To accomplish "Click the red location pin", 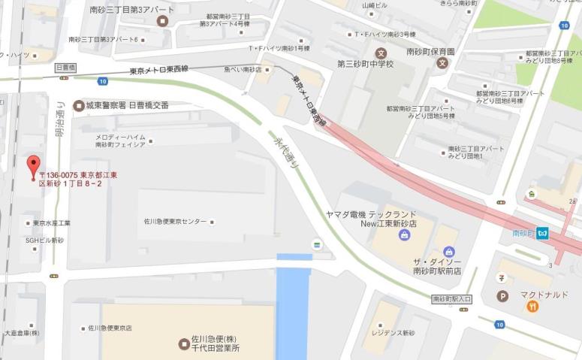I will coord(33,165).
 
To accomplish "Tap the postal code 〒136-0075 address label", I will coord(77,178).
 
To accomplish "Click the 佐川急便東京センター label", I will coord(175,222).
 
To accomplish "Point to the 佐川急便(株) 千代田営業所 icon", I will coord(184,344).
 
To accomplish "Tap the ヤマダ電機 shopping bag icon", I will coord(405,235).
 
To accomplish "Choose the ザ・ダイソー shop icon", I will coord(448,251).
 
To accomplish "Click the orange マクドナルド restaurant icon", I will coord(532,306).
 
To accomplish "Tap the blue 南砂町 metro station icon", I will coord(542,233).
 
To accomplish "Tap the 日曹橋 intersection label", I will coord(66,68).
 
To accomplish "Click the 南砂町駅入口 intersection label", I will coord(452,299).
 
